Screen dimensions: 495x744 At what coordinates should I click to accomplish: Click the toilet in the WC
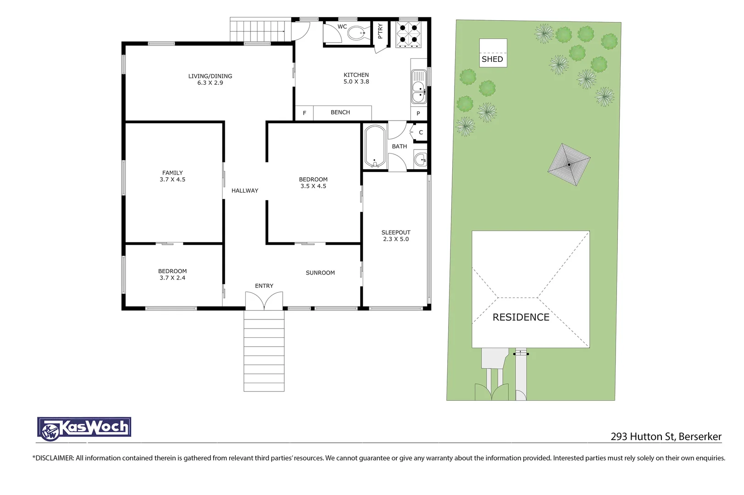pyautogui.click(x=357, y=33)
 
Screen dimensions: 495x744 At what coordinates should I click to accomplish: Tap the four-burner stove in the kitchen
pyautogui.click(x=408, y=34)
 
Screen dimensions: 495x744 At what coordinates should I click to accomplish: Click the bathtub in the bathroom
pyautogui.click(x=375, y=146)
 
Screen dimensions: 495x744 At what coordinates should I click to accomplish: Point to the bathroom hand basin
pyautogui.click(x=420, y=159)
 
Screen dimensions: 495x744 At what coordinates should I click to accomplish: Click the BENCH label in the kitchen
pyautogui.click(x=340, y=112)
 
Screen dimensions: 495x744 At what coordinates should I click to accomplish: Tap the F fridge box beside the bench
pyautogui.click(x=304, y=113)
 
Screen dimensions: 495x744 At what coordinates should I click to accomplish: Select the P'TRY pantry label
pyautogui.click(x=380, y=31)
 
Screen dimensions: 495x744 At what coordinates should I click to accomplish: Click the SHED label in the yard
pyautogui.click(x=492, y=59)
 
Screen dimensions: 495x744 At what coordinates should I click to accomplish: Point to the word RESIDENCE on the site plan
pyautogui.click(x=521, y=317)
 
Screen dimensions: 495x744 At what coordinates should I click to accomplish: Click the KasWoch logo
pyautogui.click(x=84, y=429)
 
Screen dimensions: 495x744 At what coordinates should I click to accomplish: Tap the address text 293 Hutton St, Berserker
pyautogui.click(x=666, y=436)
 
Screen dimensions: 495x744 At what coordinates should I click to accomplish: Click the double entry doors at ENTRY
pyautogui.click(x=264, y=301)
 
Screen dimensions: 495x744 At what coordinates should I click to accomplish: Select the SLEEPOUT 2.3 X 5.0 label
pyautogui.click(x=396, y=236)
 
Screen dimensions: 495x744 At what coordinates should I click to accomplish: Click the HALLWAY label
pyautogui.click(x=244, y=191)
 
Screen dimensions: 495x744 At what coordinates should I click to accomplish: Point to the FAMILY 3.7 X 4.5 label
pyautogui.click(x=172, y=176)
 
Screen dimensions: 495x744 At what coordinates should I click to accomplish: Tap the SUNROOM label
pyautogui.click(x=320, y=273)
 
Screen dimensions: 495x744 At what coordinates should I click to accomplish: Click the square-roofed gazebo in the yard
pyautogui.click(x=569, y=164)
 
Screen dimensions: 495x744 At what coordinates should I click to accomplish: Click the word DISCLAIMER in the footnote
pyautogui.click(x=54, y=458)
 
